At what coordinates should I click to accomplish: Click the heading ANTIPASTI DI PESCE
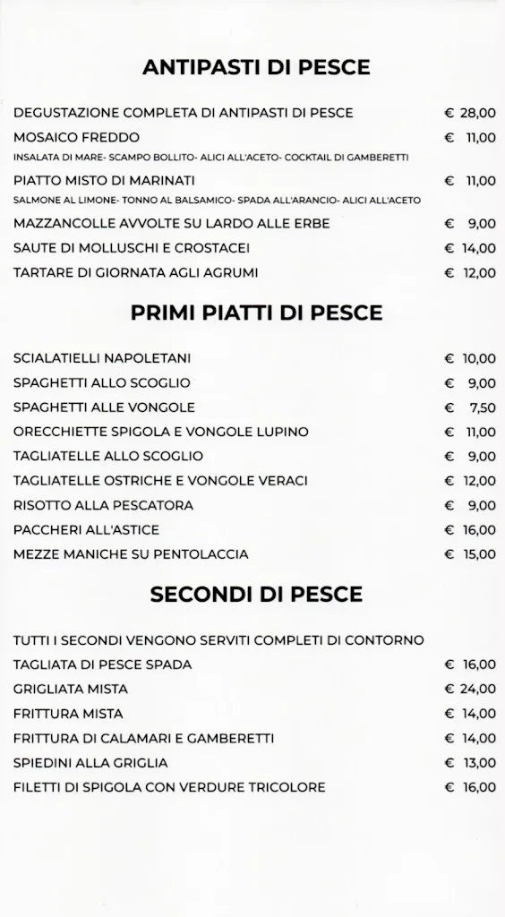[x=256, y=67]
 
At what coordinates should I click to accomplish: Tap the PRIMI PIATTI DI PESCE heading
[x=256, y=313]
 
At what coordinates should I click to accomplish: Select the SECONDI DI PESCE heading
[x=256, y=594]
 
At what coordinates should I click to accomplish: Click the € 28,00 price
[x=470, y=113]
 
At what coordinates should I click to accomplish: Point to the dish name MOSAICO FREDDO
[x=76, y=138]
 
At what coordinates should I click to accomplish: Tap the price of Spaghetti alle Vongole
[x=470, y=407]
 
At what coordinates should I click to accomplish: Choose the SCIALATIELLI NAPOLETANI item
[x=102, y=358]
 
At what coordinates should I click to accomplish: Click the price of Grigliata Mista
[x=470, y=689]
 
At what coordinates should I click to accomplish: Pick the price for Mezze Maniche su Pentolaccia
[x=470, y=554]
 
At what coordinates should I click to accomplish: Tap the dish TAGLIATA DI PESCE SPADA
[x=102, y=664]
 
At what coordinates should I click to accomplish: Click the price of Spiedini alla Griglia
[x=470, y=763]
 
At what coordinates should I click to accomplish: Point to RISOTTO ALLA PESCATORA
[x=103, y=505]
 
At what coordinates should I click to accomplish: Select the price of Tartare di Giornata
[x=470, y=272]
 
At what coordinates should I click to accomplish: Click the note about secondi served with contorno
[x=218, y=640]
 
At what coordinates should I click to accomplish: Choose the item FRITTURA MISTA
[x=68, y=714]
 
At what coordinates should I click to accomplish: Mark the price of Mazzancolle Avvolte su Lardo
[x=470, y=223]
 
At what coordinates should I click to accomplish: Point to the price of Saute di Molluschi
[x=470, y=248]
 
